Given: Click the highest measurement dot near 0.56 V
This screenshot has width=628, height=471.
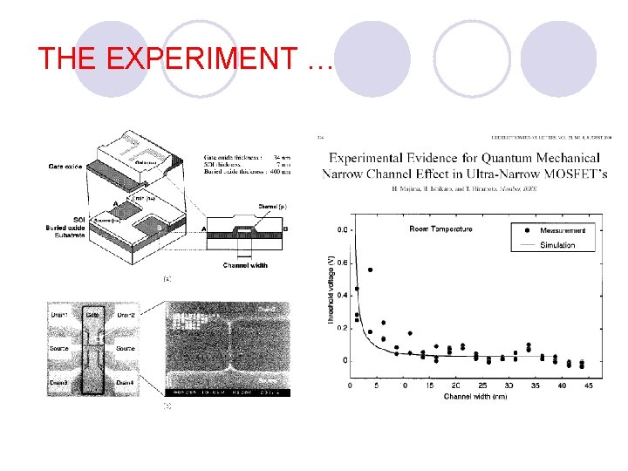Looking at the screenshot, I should click(x=371, y=270).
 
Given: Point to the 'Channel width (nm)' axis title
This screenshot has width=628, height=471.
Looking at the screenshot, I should click(x=474, y=397).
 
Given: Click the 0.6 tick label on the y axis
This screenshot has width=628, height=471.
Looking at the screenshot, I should click(x=345, y=263).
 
